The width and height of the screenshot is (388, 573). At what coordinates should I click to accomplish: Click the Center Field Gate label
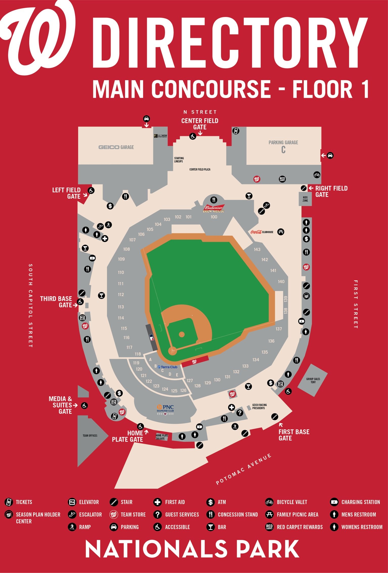200,124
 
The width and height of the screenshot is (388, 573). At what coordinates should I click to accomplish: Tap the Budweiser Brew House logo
213,209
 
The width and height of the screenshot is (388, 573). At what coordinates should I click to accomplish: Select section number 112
121,294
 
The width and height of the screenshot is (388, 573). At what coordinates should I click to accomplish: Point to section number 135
264,352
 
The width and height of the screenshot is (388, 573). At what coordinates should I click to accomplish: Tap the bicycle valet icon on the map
317,174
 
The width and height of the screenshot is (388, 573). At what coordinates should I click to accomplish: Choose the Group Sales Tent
313,380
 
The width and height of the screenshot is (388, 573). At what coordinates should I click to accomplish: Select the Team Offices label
90,435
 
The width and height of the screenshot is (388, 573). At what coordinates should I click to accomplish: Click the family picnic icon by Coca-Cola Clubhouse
281,232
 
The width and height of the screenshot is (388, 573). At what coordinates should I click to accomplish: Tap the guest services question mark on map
239,413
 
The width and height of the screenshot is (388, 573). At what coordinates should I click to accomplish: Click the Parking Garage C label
283,146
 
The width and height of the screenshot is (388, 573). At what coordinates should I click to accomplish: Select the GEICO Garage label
116,147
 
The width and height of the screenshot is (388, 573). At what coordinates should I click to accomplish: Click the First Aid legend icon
157,502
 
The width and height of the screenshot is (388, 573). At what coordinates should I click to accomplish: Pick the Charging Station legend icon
334,502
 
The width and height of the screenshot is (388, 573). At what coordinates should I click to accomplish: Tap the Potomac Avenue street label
244,469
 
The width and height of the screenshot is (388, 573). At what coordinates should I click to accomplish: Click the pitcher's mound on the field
182,335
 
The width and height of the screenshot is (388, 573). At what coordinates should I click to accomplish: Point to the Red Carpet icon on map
282,179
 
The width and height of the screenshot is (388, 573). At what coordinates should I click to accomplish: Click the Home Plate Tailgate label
162,437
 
